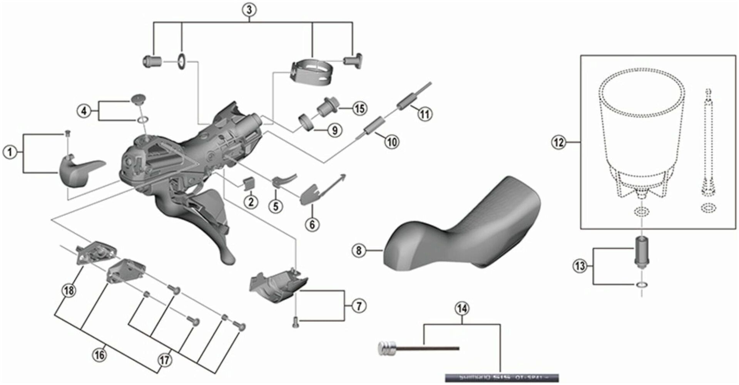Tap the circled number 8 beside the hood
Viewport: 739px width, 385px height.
click(359, 251)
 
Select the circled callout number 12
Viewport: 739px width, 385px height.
click(559, 143)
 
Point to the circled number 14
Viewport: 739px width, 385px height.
click(462, 308)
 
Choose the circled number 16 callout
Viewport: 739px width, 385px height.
click(99, 354)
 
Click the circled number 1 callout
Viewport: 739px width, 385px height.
click(10, 152)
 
